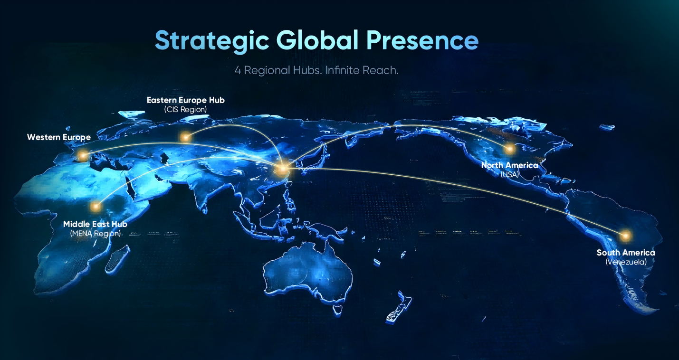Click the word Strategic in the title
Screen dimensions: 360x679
tap(212, 41)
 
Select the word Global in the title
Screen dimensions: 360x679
tap(318, 41)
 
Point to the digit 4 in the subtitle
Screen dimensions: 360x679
tap(238, 70)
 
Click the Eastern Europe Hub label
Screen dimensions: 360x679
tap(185, 100)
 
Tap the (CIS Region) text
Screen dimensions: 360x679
tap(185, 110)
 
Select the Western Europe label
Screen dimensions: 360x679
tap(59, 137)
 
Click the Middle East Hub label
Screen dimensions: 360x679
tap(95, 224)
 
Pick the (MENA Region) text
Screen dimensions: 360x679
tap(95, 234)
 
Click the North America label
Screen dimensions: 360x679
tap(509, 165)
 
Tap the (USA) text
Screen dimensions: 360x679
tap(509, 174)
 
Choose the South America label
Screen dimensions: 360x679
tap(626, 253)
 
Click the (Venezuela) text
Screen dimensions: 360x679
tap(626, 262)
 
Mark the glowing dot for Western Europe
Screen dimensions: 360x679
tap(84, 155)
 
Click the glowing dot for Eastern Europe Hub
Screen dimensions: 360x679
tap(185, 138)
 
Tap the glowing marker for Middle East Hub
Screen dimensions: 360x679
tap(96, 207)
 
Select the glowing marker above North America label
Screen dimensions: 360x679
tap(509, 149)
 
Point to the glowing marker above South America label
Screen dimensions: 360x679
tap(625, 235)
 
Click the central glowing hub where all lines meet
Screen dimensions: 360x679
tap(283, 169)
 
